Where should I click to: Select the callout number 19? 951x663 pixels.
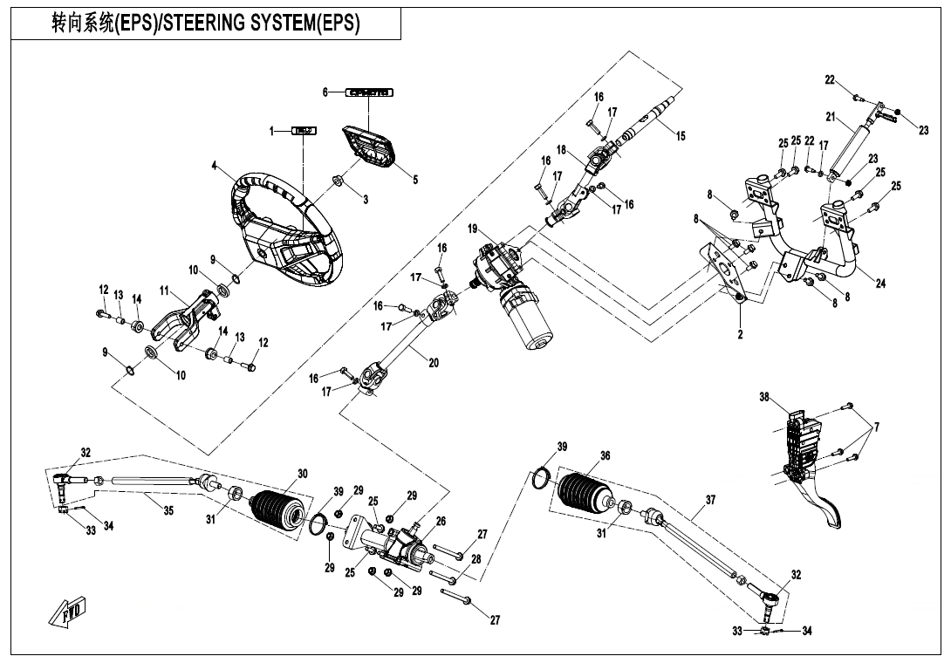(472, 229)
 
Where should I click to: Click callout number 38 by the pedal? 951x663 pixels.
(764, 398)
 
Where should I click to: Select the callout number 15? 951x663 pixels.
(681, 136)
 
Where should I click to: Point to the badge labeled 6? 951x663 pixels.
(369, 92)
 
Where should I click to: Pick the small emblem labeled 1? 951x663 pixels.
(304, 131)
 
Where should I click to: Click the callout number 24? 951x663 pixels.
(880, 284)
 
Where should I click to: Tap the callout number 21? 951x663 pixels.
(831, 116)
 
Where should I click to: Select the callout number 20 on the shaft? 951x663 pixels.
(434, 363)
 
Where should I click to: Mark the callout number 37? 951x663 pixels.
(710, 501)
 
